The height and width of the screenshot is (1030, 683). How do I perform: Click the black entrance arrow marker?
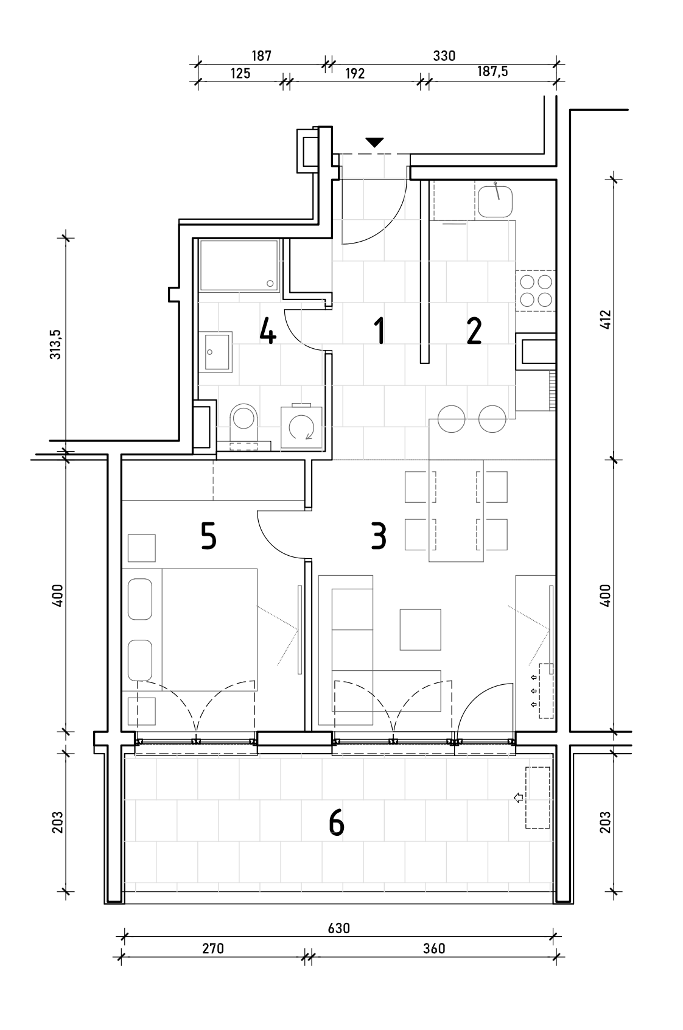click(x=375, y=142)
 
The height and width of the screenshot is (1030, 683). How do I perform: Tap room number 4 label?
click(x=268, y=332)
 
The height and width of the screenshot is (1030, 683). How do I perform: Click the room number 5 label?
click(x=208, y=536)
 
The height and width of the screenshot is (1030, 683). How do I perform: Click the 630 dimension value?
click(x=339, y=928)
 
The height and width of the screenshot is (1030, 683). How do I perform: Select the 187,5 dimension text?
click(x=492, y=72)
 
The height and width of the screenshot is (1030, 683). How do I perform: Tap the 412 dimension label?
click(x=605, y=319)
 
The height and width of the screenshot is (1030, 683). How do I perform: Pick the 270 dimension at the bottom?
click(x=212, y=948)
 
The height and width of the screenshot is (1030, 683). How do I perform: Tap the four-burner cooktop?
click(x=535, y=290)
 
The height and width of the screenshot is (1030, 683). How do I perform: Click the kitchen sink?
click(x=494, y=201)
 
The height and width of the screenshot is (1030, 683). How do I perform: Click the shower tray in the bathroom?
click(x=239, y=265)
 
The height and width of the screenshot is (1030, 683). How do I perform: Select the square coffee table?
click(x=421, y=629)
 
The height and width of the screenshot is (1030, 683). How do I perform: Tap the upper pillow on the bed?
click(x=140, y=599)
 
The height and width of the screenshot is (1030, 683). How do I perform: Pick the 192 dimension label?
click(x=355, y=74)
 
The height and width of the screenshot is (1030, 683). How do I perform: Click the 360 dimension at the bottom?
click(x=433, y=948)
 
